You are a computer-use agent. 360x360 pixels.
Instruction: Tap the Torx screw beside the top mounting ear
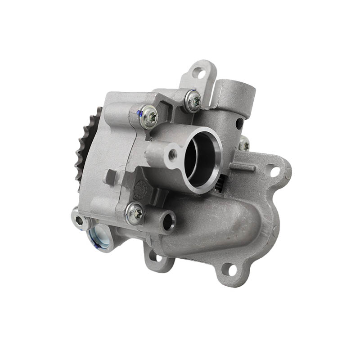(193, 101)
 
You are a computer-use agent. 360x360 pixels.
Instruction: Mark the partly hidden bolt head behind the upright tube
(244, 144)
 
